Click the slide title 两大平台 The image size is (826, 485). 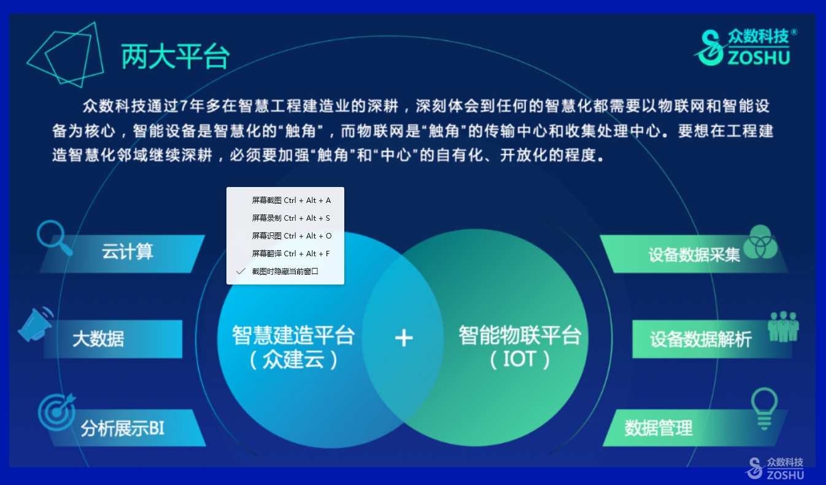point(176,56)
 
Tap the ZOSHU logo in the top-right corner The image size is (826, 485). point(744,48)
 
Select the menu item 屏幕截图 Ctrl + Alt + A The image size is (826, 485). point(291,200)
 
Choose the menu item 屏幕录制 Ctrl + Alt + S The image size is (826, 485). point(291,218)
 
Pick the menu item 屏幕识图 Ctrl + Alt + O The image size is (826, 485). point(291,236)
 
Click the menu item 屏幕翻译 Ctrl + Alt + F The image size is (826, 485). point(291,254)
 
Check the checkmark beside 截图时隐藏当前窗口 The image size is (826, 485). point(241,272)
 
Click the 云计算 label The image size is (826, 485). point(128,252)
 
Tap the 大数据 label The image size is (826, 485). point(98,339)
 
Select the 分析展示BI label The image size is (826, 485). point(122,428)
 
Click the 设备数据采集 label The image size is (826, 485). point(694,255)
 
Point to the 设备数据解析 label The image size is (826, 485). point(701,339)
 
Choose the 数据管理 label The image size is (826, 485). point(658,428)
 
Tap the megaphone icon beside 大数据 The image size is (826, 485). point(36,325)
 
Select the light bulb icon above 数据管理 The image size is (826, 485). point(764,408)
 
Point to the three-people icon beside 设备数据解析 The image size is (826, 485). point(784,327)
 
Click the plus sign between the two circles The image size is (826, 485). point(404,338)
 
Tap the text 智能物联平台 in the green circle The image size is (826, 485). point(520,335)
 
